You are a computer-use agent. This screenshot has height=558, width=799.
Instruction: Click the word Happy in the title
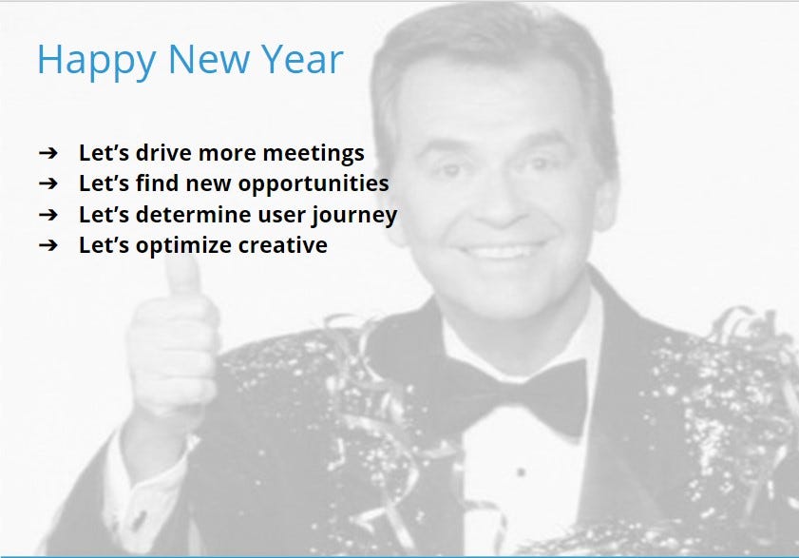[x=96, y=61]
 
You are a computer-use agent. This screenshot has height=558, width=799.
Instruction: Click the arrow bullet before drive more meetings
[x=48, y=152]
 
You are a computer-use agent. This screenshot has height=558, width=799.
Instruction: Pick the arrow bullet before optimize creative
[x=48, y=245]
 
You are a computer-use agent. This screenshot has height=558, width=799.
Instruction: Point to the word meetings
[x=314, y=154]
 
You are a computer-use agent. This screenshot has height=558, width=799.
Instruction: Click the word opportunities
[x=314, y=184]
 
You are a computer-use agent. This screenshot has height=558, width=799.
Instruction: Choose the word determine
[x=194, y=214]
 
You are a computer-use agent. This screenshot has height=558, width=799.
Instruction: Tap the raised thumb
[x=181, y=283]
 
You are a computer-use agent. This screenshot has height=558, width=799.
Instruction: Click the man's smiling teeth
[x=502, y=251]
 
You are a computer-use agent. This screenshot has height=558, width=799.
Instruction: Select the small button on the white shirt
[x=521, y=472]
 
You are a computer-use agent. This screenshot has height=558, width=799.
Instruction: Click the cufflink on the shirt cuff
[x=138, y=520]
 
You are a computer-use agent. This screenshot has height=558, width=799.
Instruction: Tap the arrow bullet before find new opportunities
[x=48, y=183]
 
